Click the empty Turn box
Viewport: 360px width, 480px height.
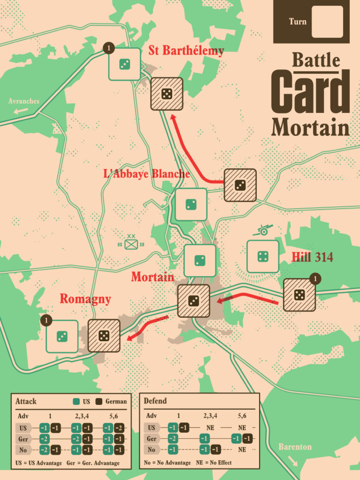pyautogui.click(x=327, y=22)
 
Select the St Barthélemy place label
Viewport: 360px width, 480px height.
pyautogui.click(x=186, y=51)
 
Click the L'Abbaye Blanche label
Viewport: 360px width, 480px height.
pyautogui.click(x=146, y=174)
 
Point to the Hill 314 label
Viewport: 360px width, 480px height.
pyautogui.click(x=312, y=257)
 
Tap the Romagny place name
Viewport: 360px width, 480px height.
pyautogui.click(x=85, y=299)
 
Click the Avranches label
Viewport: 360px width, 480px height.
pyautogui.click(x=24, y=101)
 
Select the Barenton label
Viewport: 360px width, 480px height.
pyautogui.click(x=295, y=446)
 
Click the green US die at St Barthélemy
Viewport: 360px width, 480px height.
pyautogui.click(x=125, y=64)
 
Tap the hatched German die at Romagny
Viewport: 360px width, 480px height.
pyautogui.click(x=104, y=336)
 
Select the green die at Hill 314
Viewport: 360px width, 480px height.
pyautogui.click(x=262, y=256)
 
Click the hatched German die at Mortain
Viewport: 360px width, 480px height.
pyautogui.click(x=194, y=301)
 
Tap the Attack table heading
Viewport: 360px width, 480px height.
pyautogui.click(x=26, y=401)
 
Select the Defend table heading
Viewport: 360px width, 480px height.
pyautogui.click(x=155, y=401)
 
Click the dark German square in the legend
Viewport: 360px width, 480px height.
pyautogui.click(x=99, y=402)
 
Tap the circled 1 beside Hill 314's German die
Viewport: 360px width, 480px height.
pyautogui.click(x=315, y=279)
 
